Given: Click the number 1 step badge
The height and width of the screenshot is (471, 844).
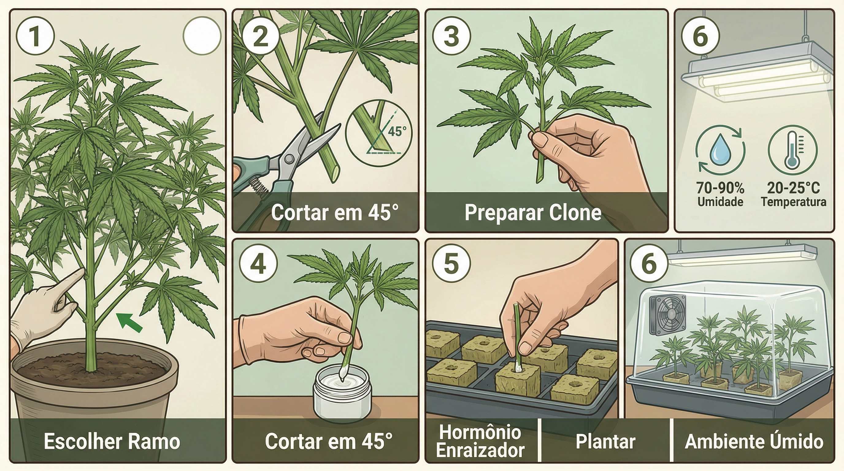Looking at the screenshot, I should point(35,36).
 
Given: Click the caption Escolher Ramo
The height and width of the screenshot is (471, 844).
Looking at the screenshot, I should point(112,441).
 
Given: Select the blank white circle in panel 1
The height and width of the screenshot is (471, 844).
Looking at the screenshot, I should point(202,36).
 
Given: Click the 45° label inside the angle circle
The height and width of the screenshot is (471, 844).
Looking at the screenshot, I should point(397,131).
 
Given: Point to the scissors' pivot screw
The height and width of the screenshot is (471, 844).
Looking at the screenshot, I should point(289,159).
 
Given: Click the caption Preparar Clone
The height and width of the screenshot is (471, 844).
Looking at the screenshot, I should point(533,213).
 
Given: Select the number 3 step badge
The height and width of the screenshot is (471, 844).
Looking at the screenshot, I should point(451,36).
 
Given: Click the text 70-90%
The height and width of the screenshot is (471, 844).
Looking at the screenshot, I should point(720,188).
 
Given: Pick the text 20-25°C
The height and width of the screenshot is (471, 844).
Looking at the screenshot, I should point(793,188).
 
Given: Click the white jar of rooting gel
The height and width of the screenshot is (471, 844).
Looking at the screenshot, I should point(343,395).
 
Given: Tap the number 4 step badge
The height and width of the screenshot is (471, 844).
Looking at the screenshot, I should point(259,264).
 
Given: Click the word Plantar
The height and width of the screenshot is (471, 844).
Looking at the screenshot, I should point(605,442).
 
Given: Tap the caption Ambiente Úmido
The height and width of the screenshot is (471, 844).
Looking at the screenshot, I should point(754,442).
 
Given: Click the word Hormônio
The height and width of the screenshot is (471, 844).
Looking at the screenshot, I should point(480,432).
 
